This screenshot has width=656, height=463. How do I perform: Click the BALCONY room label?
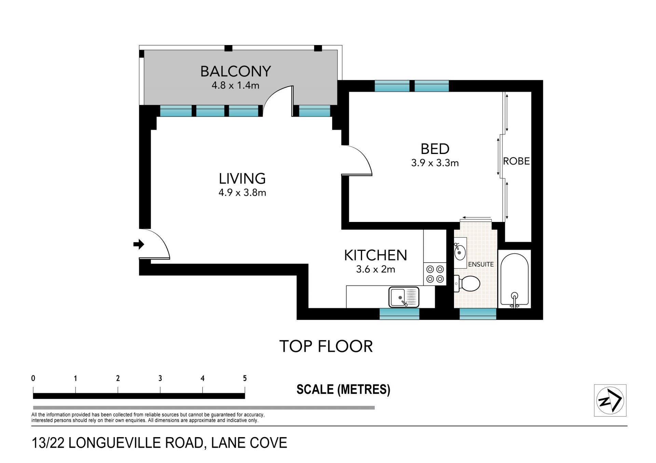pos(235,71)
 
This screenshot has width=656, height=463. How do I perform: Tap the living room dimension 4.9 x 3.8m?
pos(242,193)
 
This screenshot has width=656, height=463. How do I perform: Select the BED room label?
pos(435,149)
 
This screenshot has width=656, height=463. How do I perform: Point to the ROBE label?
pos(516,161)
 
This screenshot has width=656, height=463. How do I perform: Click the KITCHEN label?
pos(375,255)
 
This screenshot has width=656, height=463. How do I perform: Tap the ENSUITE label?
pos(481,264)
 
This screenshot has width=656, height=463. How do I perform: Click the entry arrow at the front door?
pos(139,244)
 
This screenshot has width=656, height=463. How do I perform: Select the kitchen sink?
pos(404,297)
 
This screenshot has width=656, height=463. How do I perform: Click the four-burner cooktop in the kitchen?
pos(435,274)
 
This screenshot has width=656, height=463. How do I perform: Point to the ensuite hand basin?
pos(460,252)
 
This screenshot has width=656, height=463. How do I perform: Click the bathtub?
pos(515,280)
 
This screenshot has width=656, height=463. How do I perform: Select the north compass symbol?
pos(610,400)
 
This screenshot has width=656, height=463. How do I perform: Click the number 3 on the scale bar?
pos(160,378)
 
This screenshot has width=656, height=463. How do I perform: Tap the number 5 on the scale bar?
pos(245,378)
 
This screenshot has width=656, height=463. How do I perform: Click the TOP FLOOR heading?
pos(326,347)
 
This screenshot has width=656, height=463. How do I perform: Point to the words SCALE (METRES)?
pos(343,390)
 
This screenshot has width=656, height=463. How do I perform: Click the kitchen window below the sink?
pos(399,314)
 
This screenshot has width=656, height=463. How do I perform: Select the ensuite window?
pos(478,314)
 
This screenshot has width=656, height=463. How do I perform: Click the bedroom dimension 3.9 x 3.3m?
pos(435,163)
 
